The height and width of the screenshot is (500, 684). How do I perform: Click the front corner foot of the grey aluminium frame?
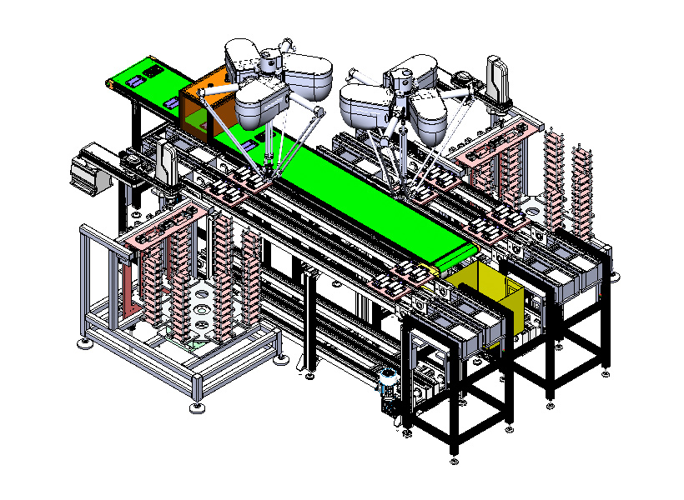pos(197,407)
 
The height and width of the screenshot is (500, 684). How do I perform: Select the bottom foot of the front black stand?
pos(454,451)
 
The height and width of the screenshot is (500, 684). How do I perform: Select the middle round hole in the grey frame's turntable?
pos(200,308)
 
